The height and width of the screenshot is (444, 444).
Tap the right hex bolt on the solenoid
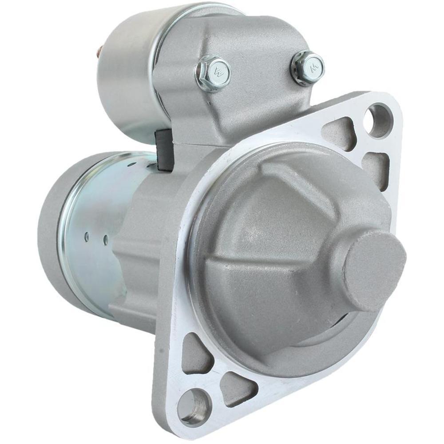point(308,67)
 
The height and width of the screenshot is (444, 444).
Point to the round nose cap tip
point(375,271)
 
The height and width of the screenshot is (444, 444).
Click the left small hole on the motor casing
point(87,237)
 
